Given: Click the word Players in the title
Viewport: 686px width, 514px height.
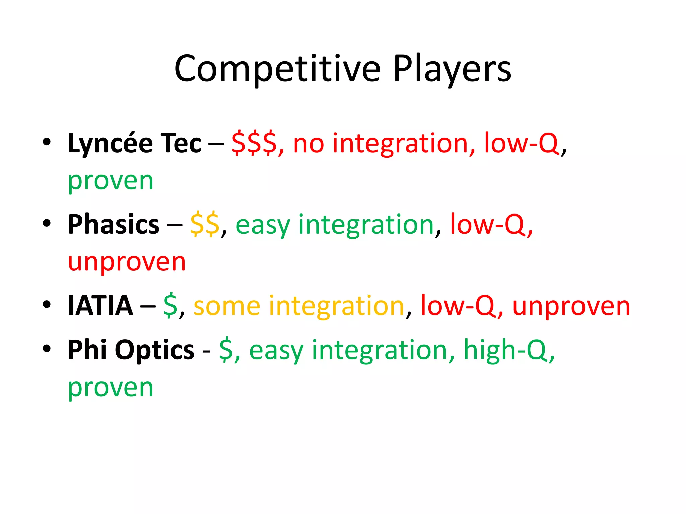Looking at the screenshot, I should (452, 69).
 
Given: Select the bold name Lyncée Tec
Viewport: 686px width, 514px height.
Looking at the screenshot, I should (134, 143).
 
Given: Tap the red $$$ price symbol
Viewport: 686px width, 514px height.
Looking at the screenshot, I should (254, 143).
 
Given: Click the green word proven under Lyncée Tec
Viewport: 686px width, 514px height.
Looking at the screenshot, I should (111, 181).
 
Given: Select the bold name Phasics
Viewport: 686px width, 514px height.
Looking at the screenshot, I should (114, 224).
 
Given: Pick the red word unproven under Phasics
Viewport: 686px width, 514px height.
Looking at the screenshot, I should (127, 262).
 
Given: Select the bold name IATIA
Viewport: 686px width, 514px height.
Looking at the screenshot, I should (100, 306).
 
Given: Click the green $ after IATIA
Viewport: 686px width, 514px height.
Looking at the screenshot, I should (170, 306).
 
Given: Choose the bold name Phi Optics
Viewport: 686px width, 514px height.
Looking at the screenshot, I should (131, 350).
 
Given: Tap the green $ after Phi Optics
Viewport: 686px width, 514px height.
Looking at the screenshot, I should (226, 350).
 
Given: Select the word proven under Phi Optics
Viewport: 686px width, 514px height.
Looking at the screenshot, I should (111, 388).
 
